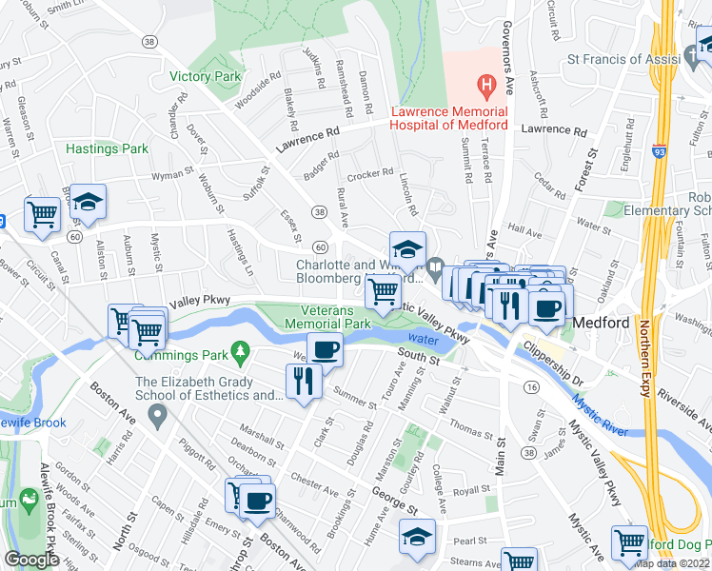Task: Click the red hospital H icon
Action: (487, 89)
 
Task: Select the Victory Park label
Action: (205, 76)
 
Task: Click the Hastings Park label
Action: (108, 148)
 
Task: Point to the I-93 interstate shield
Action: (661, 151)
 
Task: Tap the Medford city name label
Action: (602, 323)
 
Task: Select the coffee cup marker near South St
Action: (325, 349)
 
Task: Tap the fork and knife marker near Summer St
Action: (305, 382)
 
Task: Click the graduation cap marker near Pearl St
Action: (416, 536)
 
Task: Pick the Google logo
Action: (31, 560)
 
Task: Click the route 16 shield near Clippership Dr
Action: (531, 386)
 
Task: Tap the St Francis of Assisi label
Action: (619, 59)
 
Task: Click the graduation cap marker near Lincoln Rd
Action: (407, 249)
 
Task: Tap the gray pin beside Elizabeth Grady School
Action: (158, 414)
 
